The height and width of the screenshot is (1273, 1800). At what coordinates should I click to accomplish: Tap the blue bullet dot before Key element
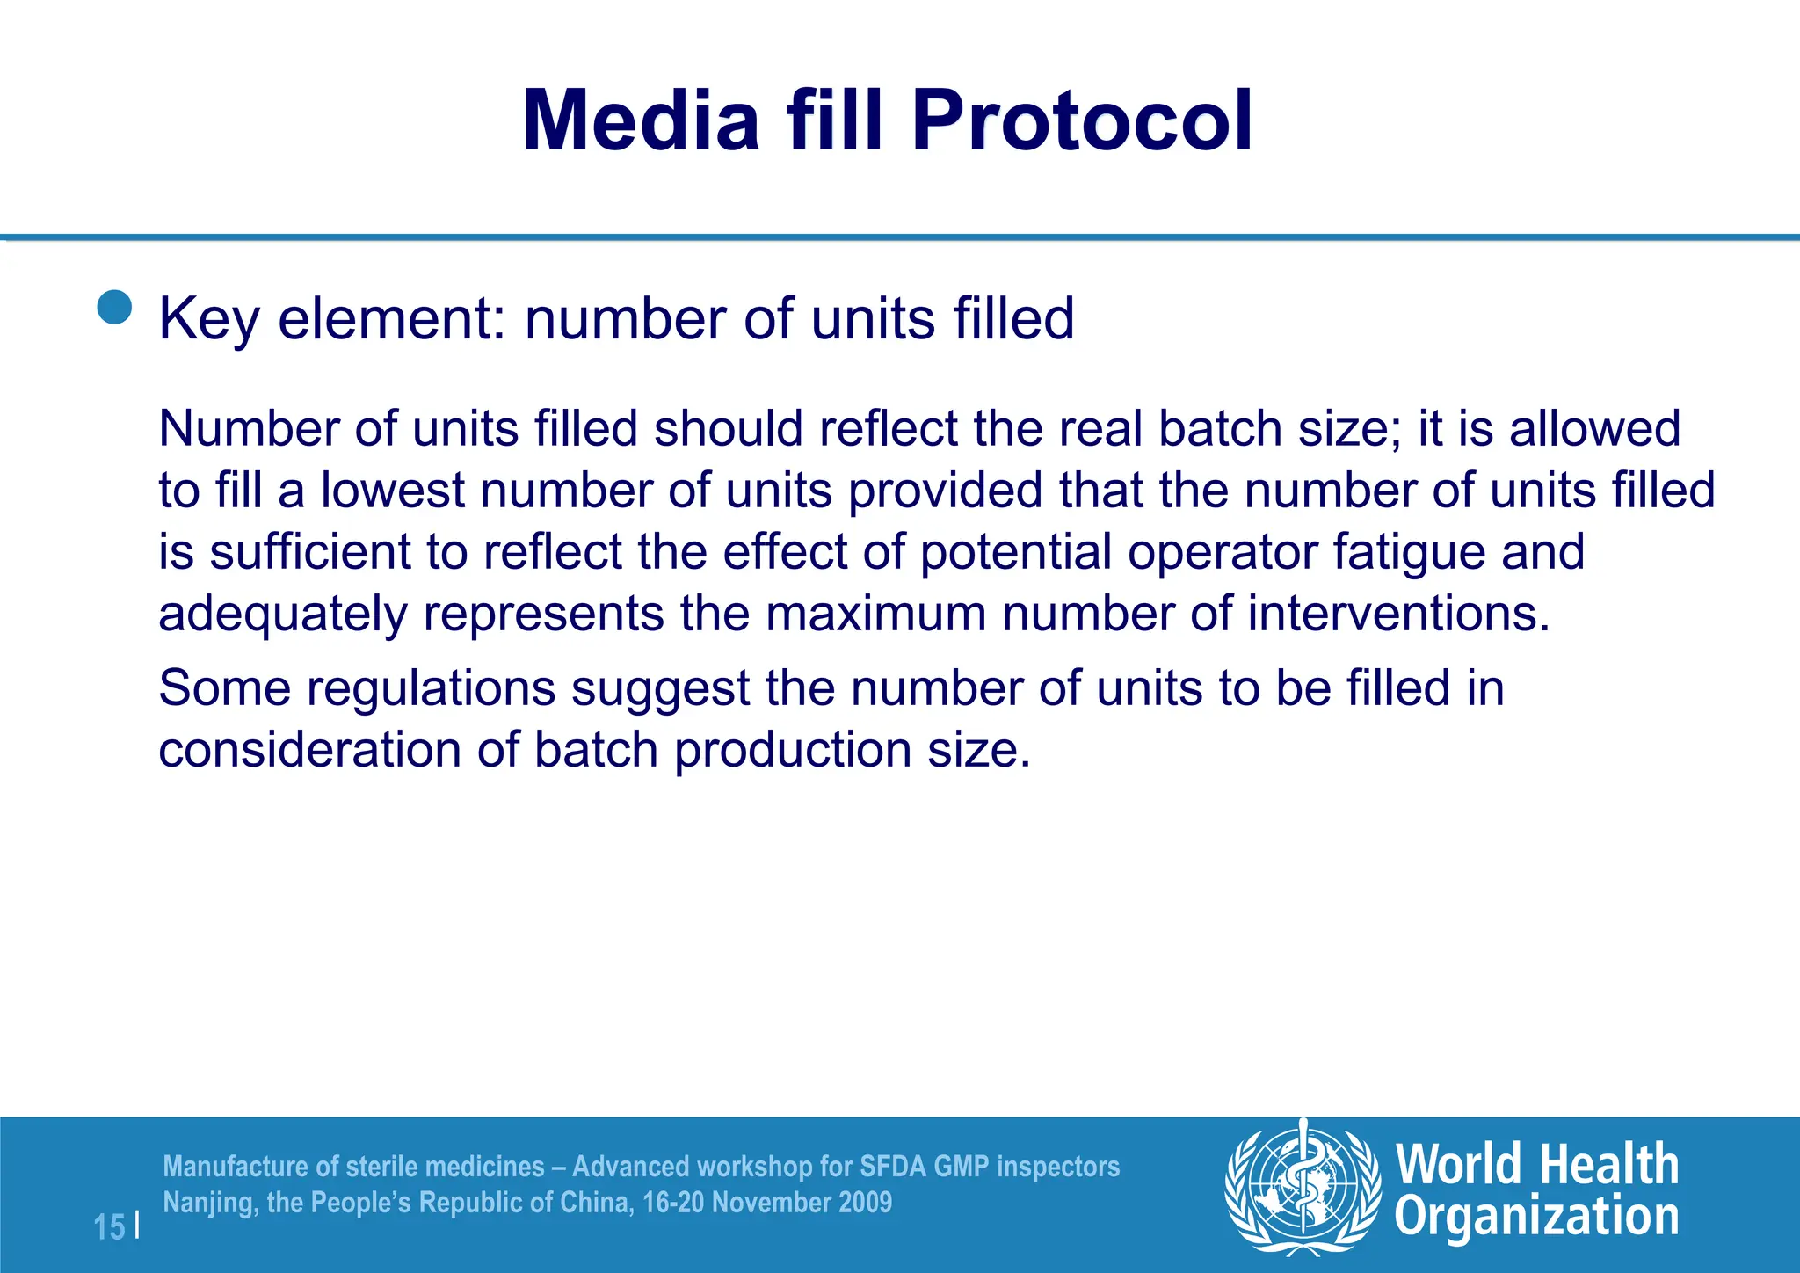[114, 308]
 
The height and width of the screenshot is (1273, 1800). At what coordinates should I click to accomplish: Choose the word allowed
[1594, 429]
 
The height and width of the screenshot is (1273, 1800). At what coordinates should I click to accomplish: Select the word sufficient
[310, 552]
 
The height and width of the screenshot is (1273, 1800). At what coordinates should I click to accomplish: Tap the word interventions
[1398, 614]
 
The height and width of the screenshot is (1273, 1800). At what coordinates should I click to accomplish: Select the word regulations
[431, 688]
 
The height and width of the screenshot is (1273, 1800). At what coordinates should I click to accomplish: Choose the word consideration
[309, 750]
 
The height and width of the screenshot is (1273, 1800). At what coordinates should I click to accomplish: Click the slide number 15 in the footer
[109, 1227]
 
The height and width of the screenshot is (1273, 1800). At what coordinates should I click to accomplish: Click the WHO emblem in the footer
[1303, 1187]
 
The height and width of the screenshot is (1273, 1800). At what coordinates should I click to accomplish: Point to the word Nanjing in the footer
[210, 1203]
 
